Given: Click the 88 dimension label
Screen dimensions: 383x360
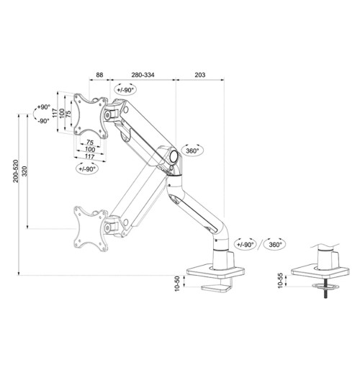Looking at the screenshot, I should tap(99, 74).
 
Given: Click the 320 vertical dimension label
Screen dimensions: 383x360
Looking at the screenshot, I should tap(26, 174).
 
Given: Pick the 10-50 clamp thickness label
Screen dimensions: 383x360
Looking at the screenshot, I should tap(177, 283).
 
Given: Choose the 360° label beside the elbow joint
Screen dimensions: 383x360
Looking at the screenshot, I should tap(192, 151).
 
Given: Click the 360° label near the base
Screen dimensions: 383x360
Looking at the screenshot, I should tap(274, 244).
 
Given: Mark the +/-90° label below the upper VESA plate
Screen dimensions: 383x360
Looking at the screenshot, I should tap(86, 168).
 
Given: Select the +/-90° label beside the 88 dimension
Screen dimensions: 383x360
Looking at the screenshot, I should tap(125, 89).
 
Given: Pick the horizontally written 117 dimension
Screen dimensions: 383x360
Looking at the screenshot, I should tap(89, 156).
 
